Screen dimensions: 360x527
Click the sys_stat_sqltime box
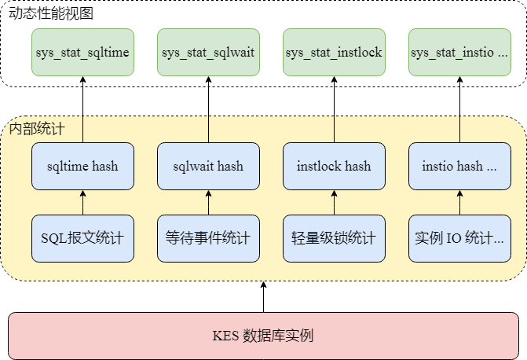click(x=82, y=53)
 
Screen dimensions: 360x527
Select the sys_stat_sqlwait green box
click(x=208, y=53)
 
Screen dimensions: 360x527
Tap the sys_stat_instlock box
click(x=334, y=53)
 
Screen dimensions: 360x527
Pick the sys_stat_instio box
click(x=459, y=53)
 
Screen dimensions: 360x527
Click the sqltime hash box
click(x=82, y=166)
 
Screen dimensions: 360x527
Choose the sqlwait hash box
click(x=208, y=166)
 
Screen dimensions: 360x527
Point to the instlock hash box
click(x=334, y=166)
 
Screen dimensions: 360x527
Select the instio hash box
click(x=459, y=166)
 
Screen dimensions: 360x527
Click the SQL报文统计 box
click(x=82, y=237)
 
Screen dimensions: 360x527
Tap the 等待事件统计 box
click(x=208, y=237)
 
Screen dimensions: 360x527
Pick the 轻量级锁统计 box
click(x=334, y=237)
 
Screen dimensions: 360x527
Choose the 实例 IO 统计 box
click(x=459, y=237)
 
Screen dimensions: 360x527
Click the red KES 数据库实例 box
click(x=263, y=336)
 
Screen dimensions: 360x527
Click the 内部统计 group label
click(x=37, y=128)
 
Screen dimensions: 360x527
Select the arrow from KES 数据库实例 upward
click(x=263, y=297)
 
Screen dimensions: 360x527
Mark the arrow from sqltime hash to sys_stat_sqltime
click(x=82, y=109)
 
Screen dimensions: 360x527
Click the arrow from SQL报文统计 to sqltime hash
click(x=82, y=202)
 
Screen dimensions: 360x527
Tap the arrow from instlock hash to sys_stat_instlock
click(x=334, y=109)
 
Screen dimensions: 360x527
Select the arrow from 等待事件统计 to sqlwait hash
click(x=208, y=202)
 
